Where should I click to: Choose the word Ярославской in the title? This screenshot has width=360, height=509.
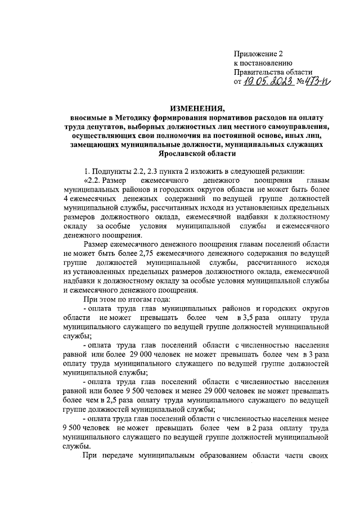click(x=178, y=153)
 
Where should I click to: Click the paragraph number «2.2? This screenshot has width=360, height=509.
click(x=94, y=180)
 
